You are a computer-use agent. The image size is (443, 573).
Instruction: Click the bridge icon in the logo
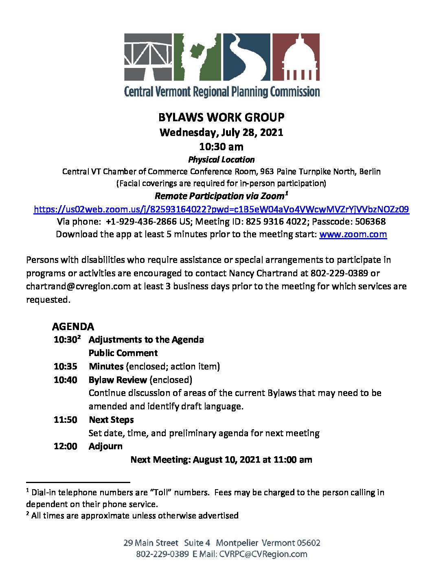point(149,57)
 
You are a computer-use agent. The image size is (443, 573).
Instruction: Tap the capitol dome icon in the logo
point(296,57)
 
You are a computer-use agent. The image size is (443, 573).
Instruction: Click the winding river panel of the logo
point(246,57)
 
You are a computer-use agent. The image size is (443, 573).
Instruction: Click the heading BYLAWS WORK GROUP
point(221,117)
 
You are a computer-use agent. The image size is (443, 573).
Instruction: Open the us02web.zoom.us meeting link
point(221,209)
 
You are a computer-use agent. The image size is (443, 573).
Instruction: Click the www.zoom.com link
point(353,234)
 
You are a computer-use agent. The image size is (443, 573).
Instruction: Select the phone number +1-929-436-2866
point(141,221)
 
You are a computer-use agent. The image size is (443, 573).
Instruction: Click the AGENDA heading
point(73,326)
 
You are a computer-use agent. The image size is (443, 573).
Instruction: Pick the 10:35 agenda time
point(65,366)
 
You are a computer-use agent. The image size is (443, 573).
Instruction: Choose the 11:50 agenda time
point(65,420)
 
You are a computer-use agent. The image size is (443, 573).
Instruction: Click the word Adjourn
point(105,446)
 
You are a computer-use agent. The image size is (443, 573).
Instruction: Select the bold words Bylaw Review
point(118,380)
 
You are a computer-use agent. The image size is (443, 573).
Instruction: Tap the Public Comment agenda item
point(123,353)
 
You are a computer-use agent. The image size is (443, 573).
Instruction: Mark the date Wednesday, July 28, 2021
point(221,132)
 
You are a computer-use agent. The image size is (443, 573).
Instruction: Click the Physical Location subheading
point(221,160)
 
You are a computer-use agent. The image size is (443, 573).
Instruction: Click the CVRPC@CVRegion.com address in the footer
point(263,554)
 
